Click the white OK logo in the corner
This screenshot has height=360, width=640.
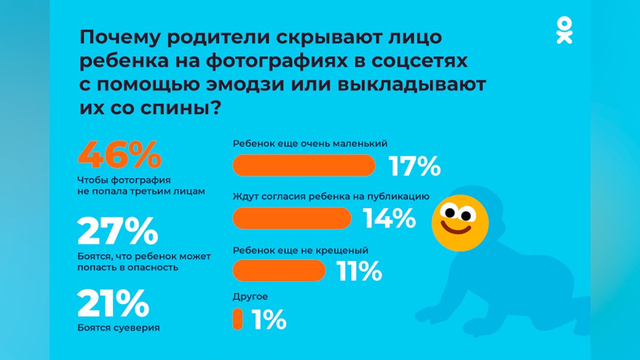tap(564, 30)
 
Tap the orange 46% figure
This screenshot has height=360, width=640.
tap(119, 155)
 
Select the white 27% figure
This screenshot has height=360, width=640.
tap(118, 231)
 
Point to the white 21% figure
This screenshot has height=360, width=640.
tap(113, 303)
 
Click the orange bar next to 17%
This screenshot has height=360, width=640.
tap(304, 165)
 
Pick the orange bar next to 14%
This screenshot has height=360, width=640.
tap(292, 218)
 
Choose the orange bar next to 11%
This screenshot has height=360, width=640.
tap(279, 270)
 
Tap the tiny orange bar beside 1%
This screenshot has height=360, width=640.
tap(237, 319)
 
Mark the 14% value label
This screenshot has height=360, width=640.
tap(389, 218)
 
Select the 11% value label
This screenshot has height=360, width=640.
tap(359, 271)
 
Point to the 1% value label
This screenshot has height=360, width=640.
tap(269, 320)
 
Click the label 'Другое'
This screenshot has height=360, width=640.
tap(250, 297)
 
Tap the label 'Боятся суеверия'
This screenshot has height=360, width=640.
tap(118, 327)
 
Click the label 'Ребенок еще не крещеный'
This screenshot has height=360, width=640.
tap(301, 250)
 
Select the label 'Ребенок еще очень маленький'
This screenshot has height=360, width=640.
tap(310, 144)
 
